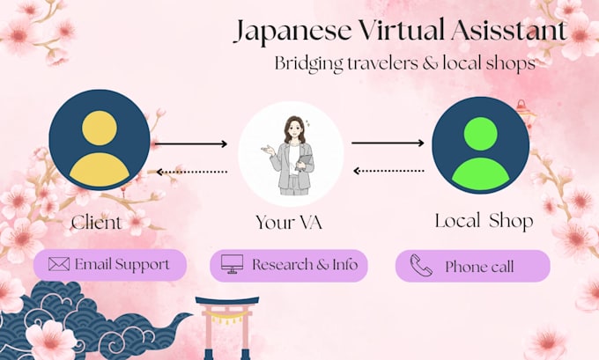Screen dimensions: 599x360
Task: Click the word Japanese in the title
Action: (x=292, y=32)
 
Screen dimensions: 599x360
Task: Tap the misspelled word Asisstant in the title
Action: (x=508, y=29)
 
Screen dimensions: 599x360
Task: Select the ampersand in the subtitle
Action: (x=430, y=63)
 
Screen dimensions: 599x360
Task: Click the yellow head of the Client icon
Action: (x=100, y=129)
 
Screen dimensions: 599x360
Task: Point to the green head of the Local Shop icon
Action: (x=481, y=134)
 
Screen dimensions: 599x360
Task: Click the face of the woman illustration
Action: (x=293, y=129)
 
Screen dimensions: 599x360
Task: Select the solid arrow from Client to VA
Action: (x=191, y=144)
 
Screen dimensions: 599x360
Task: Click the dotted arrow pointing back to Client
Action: (x=192, y=173)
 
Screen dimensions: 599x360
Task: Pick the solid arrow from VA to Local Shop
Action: (x=388, y=143)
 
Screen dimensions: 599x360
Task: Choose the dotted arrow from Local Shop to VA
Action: (x=388, y=171)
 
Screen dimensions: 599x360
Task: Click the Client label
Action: (x=97, y=222)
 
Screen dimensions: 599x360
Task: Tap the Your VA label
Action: (x=289, y=222)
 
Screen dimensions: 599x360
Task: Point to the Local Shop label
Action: (x=484, y=221)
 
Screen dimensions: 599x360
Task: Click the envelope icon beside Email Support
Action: (x=59, y=264)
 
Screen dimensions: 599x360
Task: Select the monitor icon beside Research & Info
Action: (x=232, y=264)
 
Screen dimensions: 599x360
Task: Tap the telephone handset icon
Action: (x=421, y=265)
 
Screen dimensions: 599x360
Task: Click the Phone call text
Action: (x=479, y=267)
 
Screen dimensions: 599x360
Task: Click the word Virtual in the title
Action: (x=401, y=29)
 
